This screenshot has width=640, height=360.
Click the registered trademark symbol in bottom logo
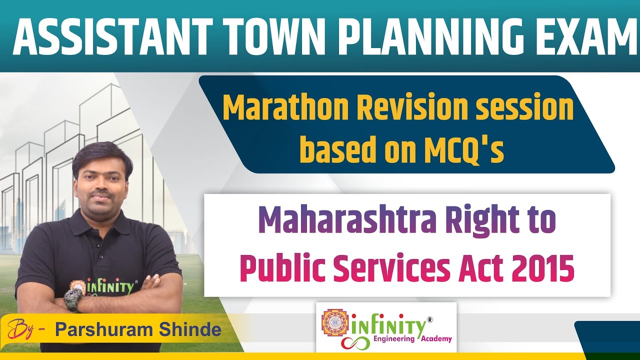[x=430, y=318]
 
